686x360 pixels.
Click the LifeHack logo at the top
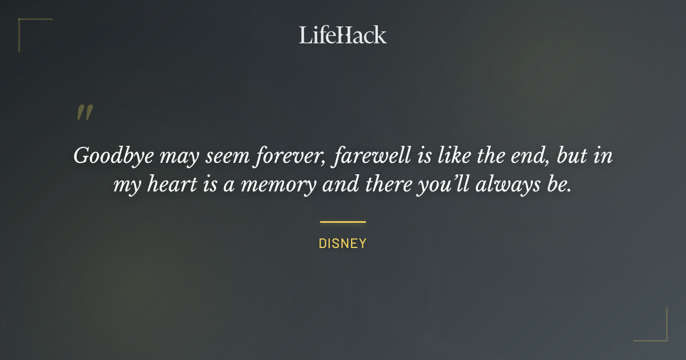click(x=343, y=35)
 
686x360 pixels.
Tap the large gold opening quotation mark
click(x=85, y=113)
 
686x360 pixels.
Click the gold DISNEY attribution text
click(x=342, y=244)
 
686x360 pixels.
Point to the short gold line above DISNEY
click(x=342, y=222)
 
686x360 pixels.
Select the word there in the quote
click(x=403, y=186)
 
